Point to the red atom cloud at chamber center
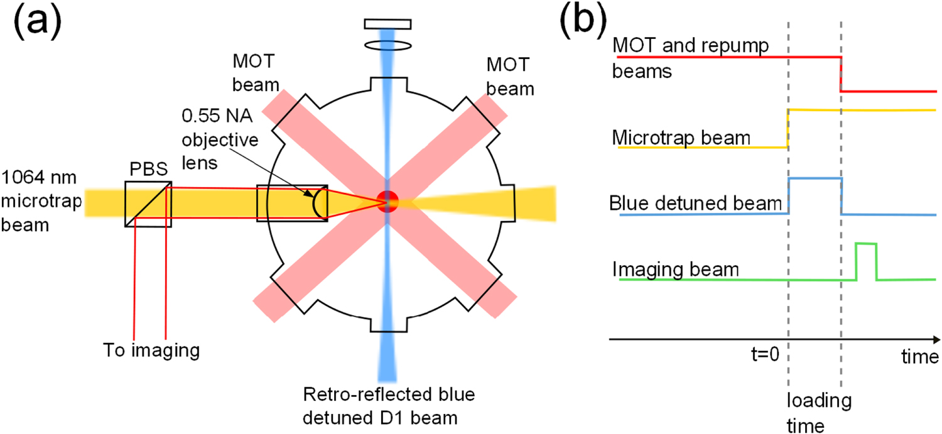387,200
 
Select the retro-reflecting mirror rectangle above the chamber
387,24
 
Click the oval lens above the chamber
387,46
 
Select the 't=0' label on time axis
762,355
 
